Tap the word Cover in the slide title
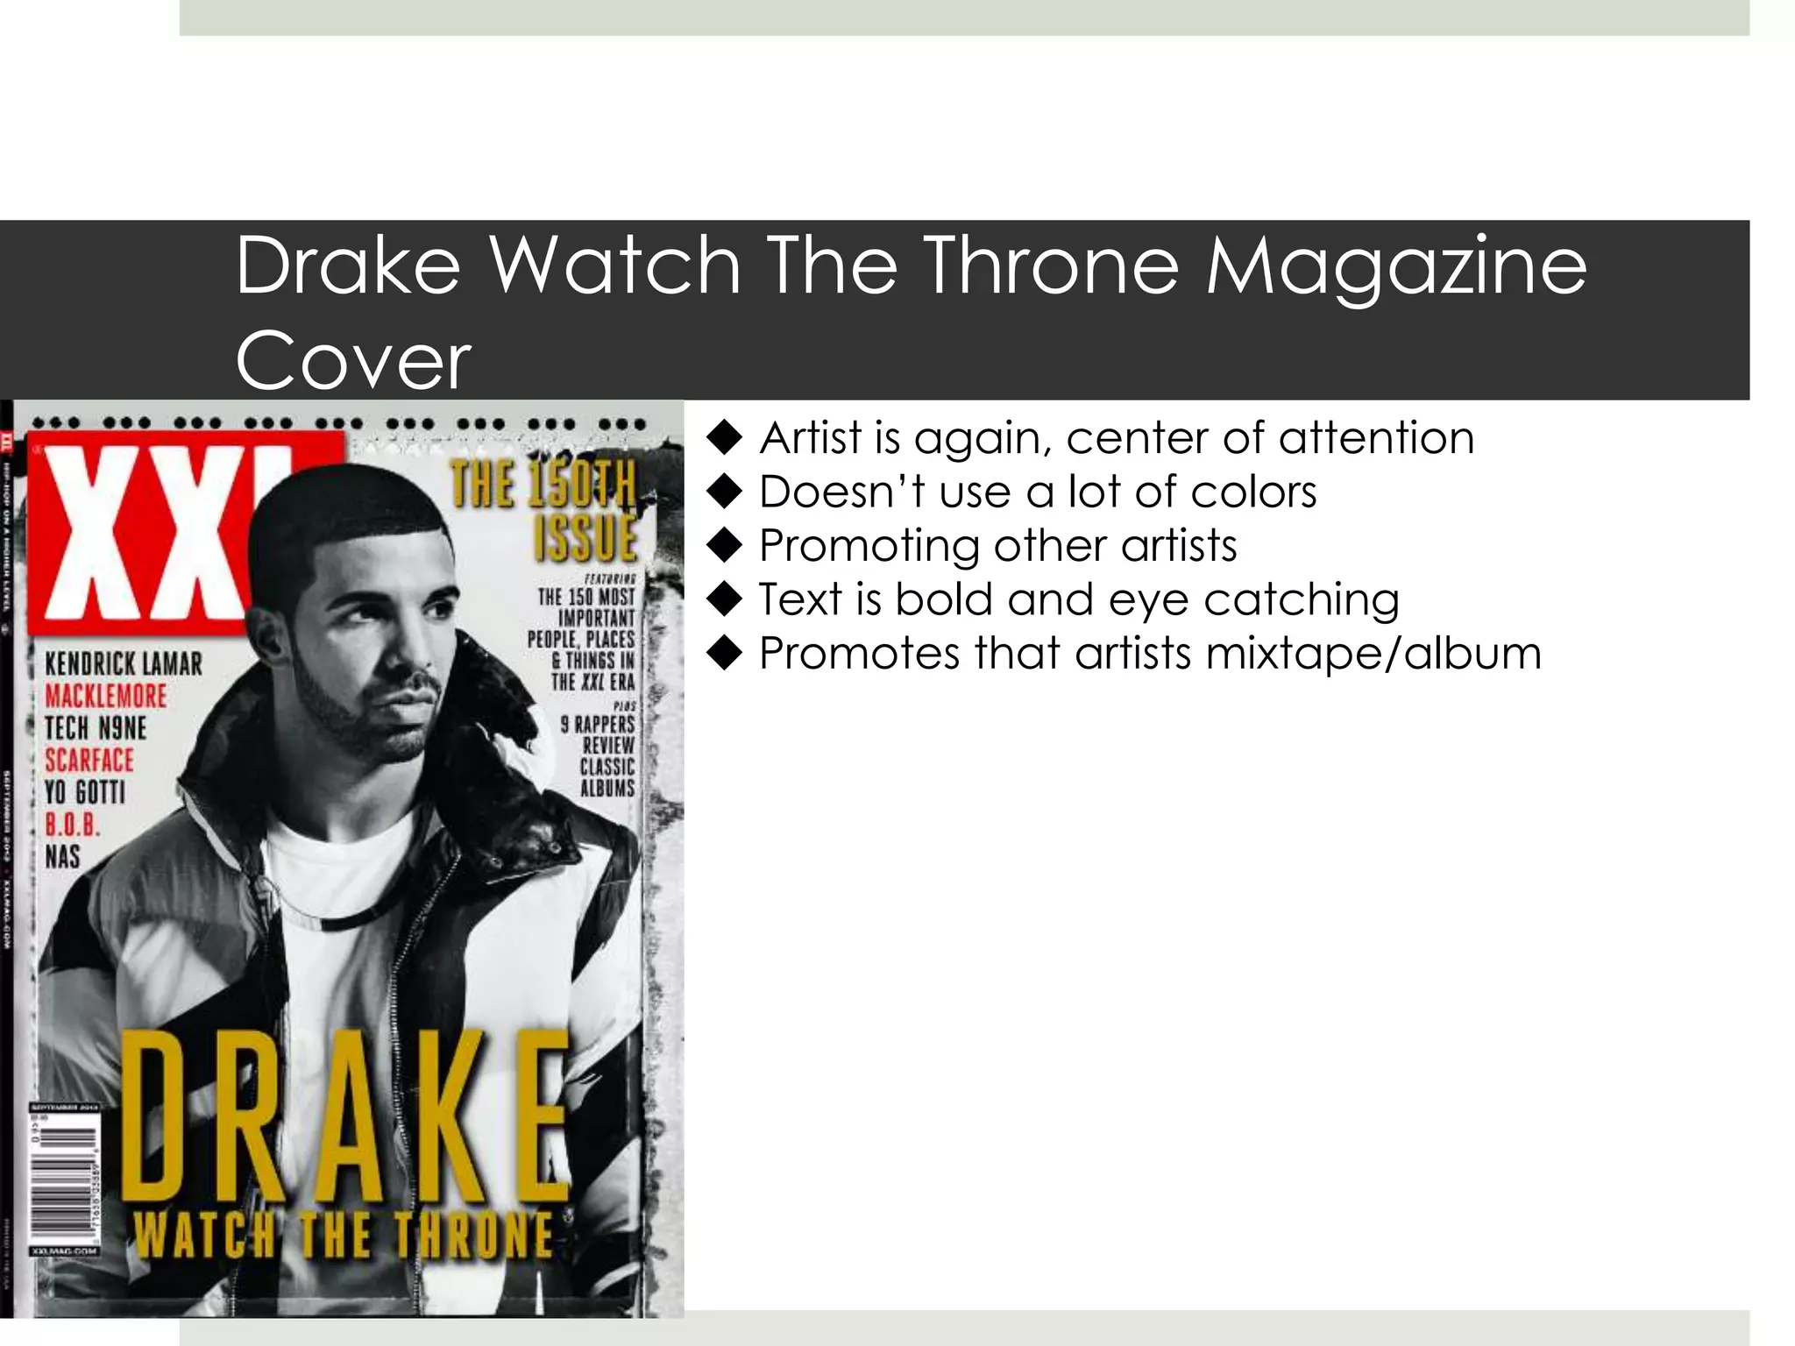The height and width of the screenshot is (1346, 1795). point(353,361)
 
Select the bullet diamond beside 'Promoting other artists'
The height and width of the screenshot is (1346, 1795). point(725,546)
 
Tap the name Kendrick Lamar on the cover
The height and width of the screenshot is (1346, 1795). point(124,664)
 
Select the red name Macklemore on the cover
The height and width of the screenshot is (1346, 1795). point(105,697)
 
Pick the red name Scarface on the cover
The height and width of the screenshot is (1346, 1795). point(89,761)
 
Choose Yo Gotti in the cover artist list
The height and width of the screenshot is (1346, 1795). point(85,793)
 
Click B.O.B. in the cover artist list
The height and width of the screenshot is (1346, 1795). point(73,825)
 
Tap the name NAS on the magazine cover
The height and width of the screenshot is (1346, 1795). point(62,857)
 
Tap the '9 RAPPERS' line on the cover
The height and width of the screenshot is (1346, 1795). point(598,725)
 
